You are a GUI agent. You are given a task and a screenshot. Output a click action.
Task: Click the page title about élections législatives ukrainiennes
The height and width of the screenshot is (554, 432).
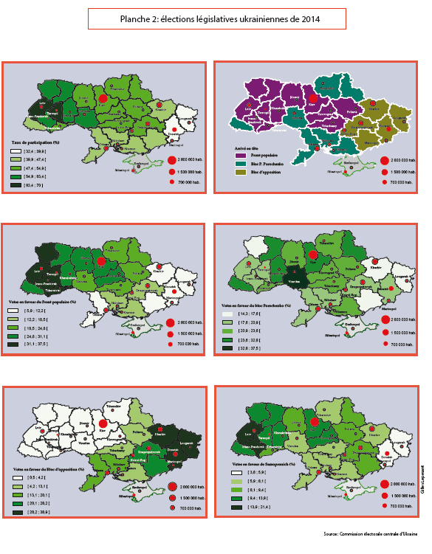pos(215,18)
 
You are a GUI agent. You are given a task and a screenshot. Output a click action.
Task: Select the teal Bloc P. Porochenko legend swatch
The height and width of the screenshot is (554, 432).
pos(240,164)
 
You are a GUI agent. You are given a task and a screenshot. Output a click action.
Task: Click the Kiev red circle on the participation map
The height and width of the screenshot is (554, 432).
pos(103,97)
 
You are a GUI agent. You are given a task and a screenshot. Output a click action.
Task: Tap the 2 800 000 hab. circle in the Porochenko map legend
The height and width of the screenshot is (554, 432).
pos(385,319)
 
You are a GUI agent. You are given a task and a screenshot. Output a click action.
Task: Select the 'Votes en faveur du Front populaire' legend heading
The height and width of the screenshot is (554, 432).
pos(44,304)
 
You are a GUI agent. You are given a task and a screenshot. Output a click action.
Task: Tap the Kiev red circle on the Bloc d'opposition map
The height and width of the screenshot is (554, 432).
pos(103,423)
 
